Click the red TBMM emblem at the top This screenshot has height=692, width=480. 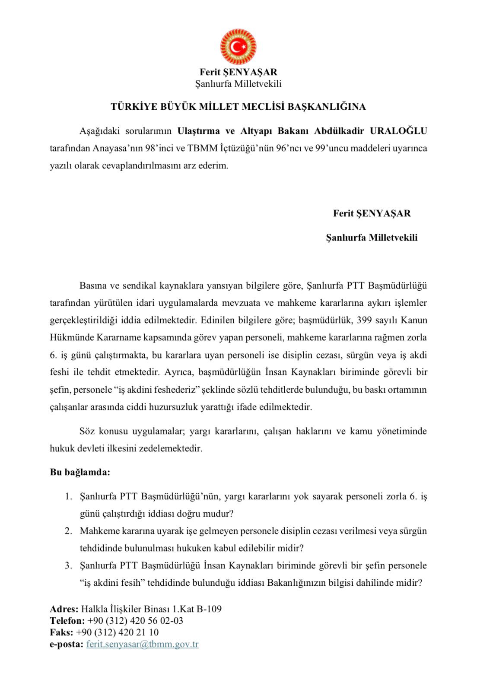[238, 47]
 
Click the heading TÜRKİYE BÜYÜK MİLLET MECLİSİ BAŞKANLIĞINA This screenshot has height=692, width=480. [238, 107]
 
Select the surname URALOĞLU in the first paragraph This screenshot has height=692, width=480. [399, 131]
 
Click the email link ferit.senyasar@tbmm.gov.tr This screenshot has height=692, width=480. [143, 644]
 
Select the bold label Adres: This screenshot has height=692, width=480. [64, 609]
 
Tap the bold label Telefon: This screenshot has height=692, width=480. [67, 621]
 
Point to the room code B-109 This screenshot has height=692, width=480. [209, 609]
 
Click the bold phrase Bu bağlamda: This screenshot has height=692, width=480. [80, 472]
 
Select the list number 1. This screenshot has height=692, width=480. [68, 496]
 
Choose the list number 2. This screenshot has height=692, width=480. [68, 531]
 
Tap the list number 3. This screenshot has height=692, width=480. [68, 565]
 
